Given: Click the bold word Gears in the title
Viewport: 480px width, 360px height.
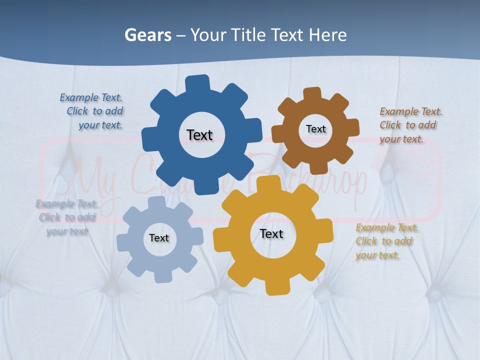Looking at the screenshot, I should [x=147, y=35].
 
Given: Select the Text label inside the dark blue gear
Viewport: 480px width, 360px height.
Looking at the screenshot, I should [x=199, y=135].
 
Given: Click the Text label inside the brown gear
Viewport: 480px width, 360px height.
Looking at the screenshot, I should [x=315, y=129].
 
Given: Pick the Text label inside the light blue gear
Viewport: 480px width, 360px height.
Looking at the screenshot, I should [x=159, y=238].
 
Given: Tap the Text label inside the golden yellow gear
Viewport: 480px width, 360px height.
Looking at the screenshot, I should [x=271, y=233].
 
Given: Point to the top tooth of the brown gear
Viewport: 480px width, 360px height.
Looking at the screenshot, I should [x=312, y=94].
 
